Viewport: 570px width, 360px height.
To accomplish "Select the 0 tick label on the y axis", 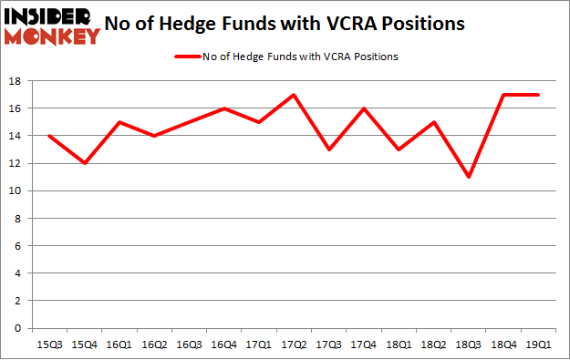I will (18, 328).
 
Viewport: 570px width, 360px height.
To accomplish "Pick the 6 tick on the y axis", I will (18, 246).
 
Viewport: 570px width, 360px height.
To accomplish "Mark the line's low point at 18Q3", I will (470, 177).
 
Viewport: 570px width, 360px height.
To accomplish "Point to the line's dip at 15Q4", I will (84, 163).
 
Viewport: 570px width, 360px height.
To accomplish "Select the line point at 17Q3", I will (329, 149).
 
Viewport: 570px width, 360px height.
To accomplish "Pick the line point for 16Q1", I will (119, 122).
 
